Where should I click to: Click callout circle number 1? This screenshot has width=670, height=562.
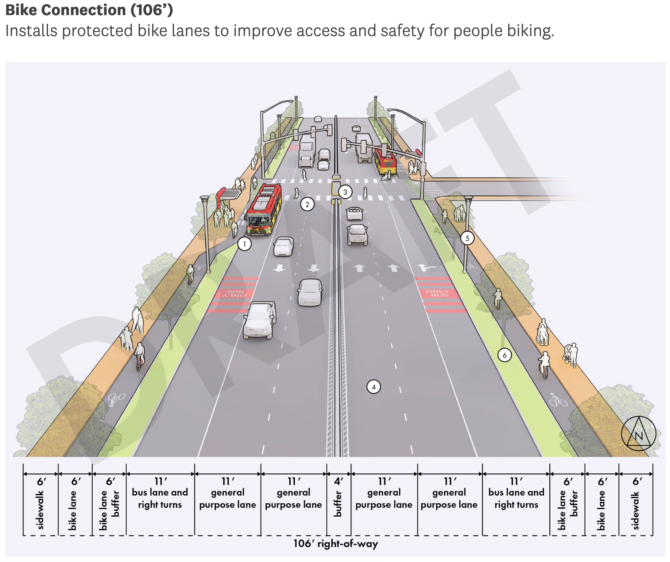tap(244, 244)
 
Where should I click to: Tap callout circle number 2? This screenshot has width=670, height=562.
tap(307, 205)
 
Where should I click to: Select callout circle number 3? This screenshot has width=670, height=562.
tap(345, 192)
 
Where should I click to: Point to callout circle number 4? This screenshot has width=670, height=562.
tap(374, 387)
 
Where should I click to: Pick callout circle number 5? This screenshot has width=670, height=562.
tap(467, 238)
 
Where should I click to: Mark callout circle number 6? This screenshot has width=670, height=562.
tap(504, 355)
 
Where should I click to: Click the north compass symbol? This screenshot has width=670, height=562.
tap(638, 434)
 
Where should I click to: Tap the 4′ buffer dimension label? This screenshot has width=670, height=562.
tap(338, 498)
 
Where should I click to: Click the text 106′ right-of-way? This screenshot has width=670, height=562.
tap(335, 544)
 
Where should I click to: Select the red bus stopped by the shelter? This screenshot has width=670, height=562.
tap(264, 209)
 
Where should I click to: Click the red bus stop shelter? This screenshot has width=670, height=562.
tap(228, 194)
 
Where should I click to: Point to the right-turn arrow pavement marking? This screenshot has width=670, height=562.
tap(426, 268)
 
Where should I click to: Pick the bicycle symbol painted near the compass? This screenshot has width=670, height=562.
tap(558, 400)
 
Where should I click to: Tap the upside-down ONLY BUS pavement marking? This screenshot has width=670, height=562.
tap(235, 293)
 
